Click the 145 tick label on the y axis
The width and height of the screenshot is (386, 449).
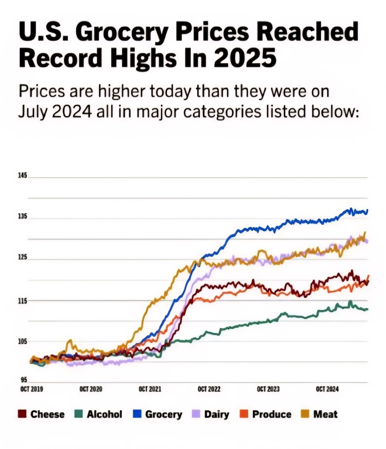[x=23, y=175]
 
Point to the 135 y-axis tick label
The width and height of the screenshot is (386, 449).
[x=23, y=216]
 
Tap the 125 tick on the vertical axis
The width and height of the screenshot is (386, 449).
[x=23, y=257]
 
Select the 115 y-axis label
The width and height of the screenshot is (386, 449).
[x=23, y=301]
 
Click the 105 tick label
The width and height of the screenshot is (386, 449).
[x=23, y=342]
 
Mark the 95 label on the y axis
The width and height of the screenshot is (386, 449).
[x=24, y=380]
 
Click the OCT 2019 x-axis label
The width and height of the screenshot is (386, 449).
[x=31, y=389]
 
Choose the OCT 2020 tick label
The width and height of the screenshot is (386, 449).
[x=91, y=389]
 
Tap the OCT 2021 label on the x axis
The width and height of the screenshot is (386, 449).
[x=150, y=389]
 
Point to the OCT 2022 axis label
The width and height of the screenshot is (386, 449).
[x=209, y=389]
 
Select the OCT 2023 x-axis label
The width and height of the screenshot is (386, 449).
[x=268, y=389]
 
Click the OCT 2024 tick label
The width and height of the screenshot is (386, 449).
[x=327, y=389]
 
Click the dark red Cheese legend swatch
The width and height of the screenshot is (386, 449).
[x=22, y=414]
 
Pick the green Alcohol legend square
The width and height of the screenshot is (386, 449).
[x=79, y=414]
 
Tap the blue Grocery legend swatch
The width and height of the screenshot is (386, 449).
[x=137, y=414]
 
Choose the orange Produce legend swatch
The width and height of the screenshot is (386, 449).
[x=244, y=414]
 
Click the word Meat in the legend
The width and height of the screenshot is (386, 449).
[x=325, y=414]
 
